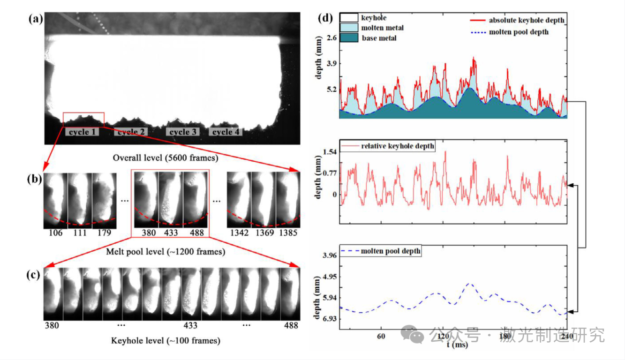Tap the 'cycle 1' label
pos(82,132)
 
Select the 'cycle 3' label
pos(182,132)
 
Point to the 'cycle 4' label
pos(226,132)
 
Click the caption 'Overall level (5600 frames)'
pos(166,158)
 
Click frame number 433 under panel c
pos(190,325)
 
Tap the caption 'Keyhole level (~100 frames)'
pos(166,341)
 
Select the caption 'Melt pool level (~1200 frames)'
pos(166,252)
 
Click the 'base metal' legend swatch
pos(349,38)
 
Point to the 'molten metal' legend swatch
pos(349,28)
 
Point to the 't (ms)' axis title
pos(457,345)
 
